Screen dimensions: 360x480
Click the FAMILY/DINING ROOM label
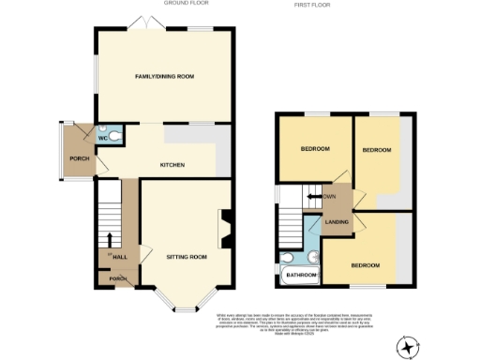coord(164,76)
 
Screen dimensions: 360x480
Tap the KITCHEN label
coord(172,165)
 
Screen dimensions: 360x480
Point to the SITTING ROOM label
coord(186,256)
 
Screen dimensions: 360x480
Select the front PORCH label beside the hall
coord(117,278)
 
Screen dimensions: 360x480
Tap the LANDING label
coord(336,222)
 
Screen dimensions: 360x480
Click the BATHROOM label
coord(301,276)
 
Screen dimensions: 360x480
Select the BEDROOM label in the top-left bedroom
coord(314,149)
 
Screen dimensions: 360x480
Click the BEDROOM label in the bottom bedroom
coord(366,264)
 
